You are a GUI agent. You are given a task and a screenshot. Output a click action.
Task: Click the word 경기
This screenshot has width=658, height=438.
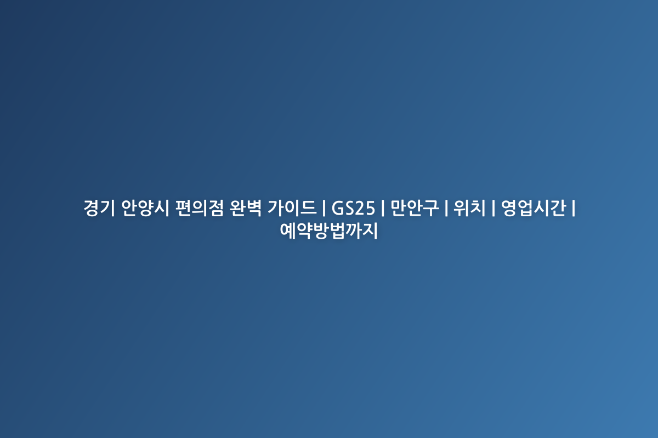pos(99,208)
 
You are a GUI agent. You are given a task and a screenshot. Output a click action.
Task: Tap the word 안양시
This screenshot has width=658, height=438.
pos(145,208)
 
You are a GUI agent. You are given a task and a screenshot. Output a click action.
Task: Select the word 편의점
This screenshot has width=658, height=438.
pos(200,208)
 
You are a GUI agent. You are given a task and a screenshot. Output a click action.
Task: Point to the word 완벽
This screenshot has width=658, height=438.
pos(246,208)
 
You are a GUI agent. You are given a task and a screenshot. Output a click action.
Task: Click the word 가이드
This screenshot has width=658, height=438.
pos(292,208)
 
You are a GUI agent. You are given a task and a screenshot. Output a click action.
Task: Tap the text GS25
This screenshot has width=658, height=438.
pos(353,208)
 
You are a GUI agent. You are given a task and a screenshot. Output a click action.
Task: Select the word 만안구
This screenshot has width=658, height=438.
pos(415,208)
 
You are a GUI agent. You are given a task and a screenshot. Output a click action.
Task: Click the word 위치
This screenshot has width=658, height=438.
pos(469,208)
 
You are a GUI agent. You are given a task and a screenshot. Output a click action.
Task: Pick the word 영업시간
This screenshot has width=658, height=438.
pos(534,208)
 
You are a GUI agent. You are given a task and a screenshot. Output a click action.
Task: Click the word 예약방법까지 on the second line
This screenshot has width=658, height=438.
pos(328,231)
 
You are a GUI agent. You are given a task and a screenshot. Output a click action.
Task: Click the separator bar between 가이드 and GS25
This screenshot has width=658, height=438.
pos(324,208)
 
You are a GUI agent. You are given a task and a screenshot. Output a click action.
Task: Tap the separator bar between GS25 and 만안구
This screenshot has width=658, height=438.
pos(383,208)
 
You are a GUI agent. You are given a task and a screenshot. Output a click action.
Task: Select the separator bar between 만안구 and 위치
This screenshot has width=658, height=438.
pos(446,208)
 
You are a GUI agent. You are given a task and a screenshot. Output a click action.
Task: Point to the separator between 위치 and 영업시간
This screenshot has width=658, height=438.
pos(493,208)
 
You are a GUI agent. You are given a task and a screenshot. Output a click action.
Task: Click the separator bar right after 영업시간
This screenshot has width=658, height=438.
pos(574,208)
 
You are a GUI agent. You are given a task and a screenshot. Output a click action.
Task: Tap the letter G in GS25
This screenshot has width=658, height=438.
pos(338,208)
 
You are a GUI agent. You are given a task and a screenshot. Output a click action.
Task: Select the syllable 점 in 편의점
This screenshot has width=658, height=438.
pos(216,208)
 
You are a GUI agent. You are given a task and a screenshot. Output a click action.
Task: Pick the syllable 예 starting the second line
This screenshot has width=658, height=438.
pos(287,231)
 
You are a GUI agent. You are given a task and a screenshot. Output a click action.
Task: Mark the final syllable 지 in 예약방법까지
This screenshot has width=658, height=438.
pos(370,231)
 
